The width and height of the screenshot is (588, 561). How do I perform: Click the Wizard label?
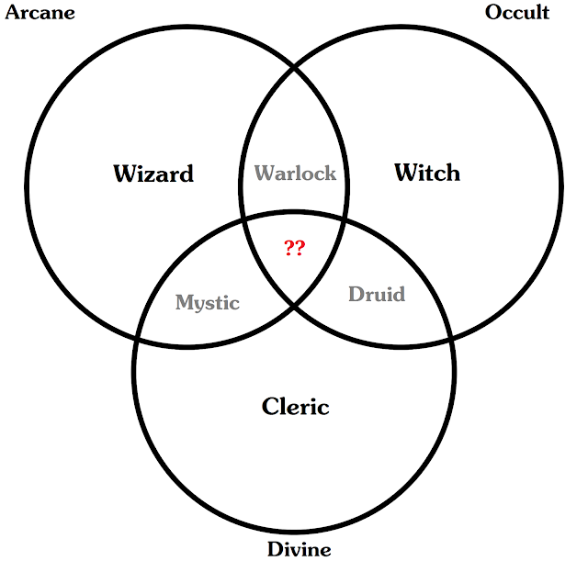[153, 174]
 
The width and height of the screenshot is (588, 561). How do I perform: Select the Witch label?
[426, 172]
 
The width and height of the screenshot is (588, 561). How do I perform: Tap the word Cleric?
[295, 406]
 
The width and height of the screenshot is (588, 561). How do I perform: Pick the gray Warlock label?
[295, 173]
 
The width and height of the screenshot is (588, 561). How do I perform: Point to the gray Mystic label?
[208, 303]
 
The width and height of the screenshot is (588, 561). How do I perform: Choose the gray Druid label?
[377, 295]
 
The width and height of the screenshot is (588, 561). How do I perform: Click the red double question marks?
[294, 248]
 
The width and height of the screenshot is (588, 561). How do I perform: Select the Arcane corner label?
[40, 12]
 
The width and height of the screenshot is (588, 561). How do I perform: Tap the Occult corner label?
[517, 12]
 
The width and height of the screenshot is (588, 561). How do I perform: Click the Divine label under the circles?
[299, 549]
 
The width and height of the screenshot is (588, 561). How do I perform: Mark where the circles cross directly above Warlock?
[294, 67]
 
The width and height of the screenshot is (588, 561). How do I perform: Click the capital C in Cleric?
[269, 406]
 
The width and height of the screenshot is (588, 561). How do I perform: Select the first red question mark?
[288, 248]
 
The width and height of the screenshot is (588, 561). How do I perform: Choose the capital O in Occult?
[492, 12]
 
